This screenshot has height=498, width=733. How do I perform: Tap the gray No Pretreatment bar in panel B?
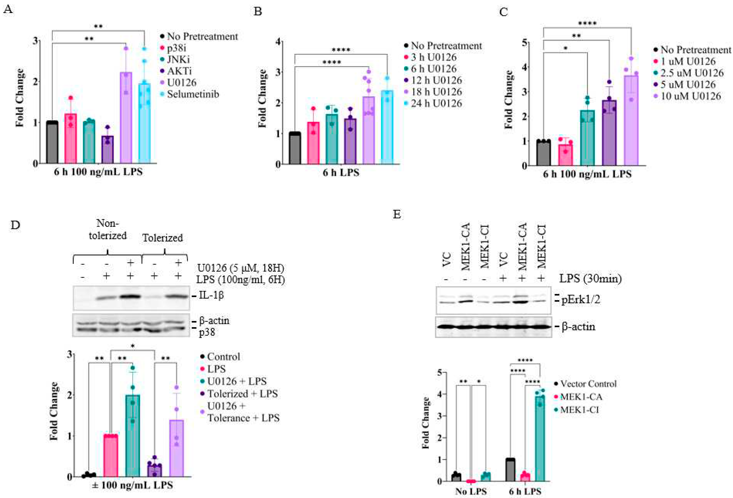point(295,148)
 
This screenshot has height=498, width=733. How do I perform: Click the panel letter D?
point(15,225)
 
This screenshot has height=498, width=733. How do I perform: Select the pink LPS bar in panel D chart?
point(111,456)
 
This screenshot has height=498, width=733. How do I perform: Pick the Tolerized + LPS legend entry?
point(242,394)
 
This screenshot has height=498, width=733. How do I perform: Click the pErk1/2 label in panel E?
point(580,299)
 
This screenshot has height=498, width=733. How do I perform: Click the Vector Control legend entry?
point(588,384)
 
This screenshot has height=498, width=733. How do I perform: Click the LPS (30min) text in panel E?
point(590,279)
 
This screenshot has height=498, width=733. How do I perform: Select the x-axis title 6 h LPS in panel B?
point(341,173)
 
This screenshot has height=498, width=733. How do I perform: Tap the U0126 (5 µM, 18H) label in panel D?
point(240,268)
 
